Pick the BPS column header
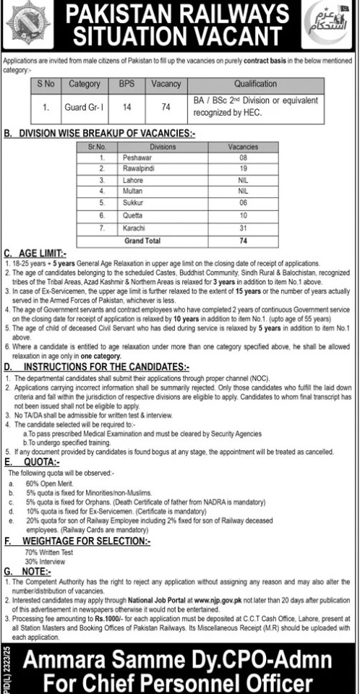pos(127,84)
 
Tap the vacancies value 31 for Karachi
pos(242,226)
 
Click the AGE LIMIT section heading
pos(47,254)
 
